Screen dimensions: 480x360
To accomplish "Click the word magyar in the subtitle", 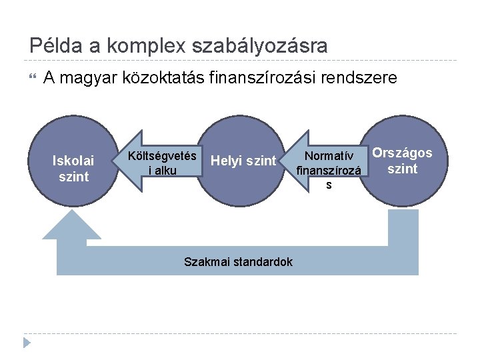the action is tap(93, 79).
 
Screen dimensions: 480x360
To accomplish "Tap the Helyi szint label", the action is tap(243, 161).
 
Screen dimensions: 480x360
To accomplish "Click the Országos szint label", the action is tap(402, 161).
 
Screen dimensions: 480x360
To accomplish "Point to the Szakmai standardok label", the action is tap(238, 261).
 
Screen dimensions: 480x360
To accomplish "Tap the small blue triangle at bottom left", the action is tap(27, 343).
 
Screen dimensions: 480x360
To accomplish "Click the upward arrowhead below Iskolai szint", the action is tap(72, 225).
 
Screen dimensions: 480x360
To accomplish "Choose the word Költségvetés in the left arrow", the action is tap(163, 156).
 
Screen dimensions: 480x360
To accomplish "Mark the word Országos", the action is tap(402, 153).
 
